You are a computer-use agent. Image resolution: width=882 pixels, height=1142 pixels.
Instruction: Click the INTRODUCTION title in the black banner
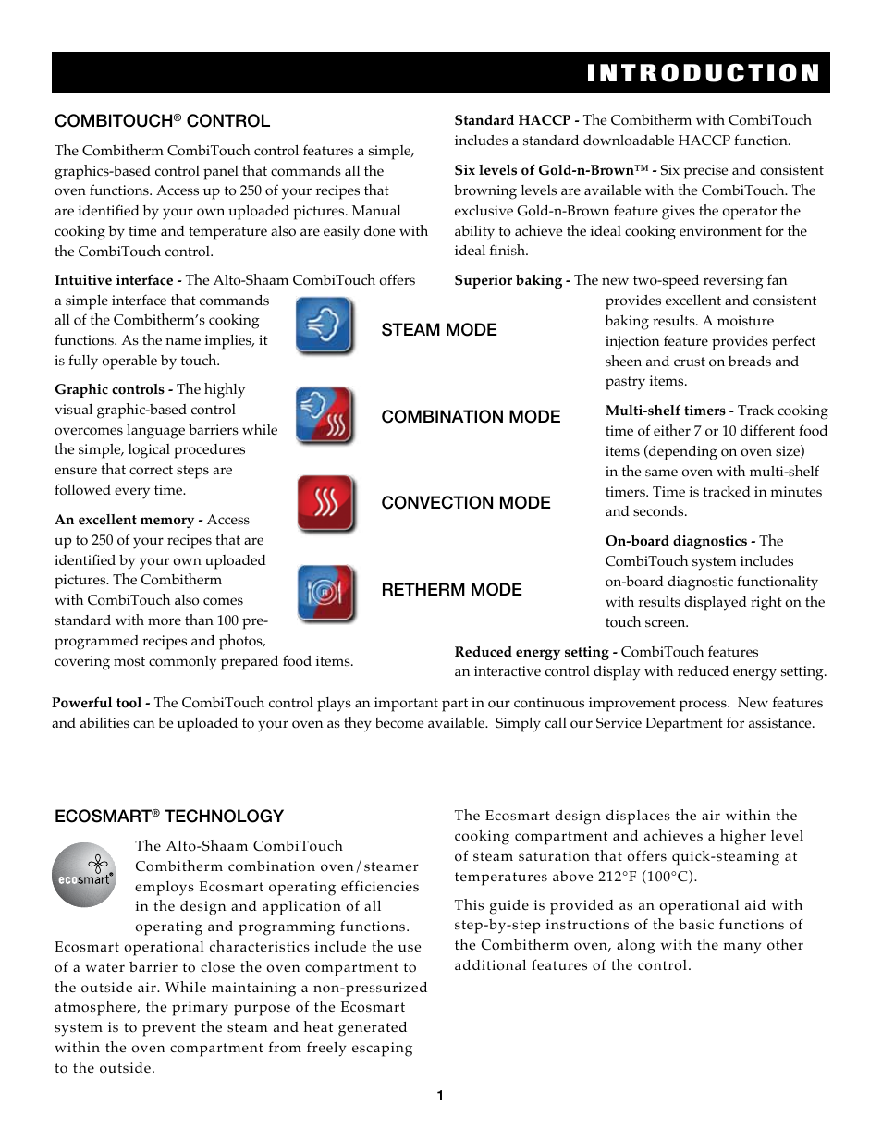(703, 73)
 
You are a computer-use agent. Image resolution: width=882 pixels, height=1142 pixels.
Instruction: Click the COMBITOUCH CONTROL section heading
(162, 121)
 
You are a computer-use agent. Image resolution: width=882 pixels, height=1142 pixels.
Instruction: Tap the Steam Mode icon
(325, 325)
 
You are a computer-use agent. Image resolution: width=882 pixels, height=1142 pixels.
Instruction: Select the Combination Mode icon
(325, 415)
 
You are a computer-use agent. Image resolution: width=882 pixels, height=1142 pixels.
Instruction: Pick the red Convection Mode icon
(325, 503)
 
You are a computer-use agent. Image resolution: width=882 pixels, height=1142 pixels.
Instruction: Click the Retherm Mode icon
(325, 593)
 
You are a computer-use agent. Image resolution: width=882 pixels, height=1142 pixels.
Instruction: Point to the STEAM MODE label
(438, 330)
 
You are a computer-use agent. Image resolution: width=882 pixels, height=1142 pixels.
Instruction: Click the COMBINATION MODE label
(470, 417)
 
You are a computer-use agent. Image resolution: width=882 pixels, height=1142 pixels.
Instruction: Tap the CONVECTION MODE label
(465, 503)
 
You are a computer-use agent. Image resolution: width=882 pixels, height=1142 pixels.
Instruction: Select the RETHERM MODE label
(451, 590)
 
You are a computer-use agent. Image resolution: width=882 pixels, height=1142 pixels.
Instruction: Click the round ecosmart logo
(84, 875)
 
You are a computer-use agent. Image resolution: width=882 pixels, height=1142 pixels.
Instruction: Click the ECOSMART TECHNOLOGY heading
(168, 817)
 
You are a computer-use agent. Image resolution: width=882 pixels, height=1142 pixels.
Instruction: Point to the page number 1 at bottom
(440, 1096)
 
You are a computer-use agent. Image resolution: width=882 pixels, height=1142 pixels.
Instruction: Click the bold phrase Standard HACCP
(512, 120)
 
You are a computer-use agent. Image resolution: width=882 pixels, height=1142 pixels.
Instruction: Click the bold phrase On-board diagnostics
(676, 541)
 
